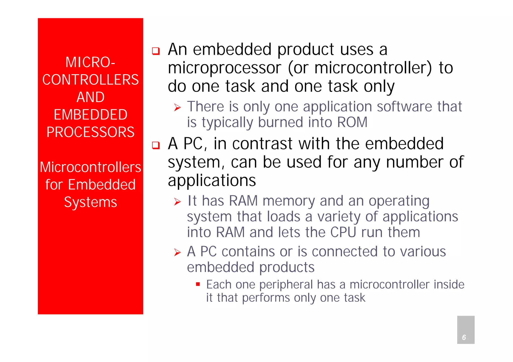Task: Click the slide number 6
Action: pos(464,337)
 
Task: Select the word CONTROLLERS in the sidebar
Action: pos(90,80)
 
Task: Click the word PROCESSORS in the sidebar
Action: pos(90,132)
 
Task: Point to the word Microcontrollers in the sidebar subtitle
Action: pos(90,167)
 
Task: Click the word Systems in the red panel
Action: pos(90,202)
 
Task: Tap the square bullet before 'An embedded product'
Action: pos(156,51)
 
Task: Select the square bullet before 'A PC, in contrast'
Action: pos(156,145)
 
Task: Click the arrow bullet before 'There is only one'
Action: pos(177,108)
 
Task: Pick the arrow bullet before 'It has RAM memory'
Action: pos(177,202)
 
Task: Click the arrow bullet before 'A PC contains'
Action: pos(177,252)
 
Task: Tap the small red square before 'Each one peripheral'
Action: pos(198,284)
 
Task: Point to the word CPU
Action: pos(343,232)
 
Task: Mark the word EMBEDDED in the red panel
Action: pos(90,114)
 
